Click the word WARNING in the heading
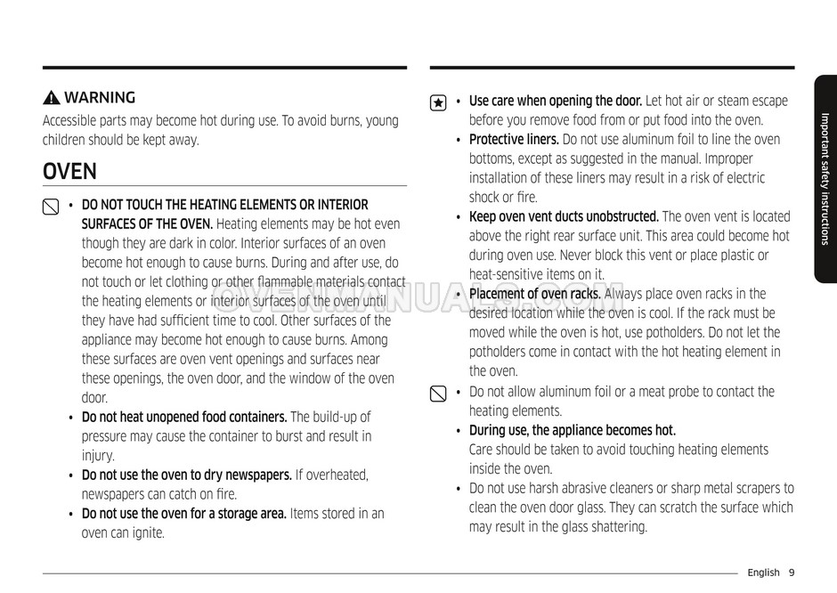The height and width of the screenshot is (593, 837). pyautogui.click(x=100, y=98)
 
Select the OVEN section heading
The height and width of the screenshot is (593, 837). pyautogui.click(x=69, y=171)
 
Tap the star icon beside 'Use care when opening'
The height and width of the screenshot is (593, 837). pyautogui.click(x=438, y=102)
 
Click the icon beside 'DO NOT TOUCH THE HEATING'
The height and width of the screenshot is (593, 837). pyautogui.click(x=51, y=207)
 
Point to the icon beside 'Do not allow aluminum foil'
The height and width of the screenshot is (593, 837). pyautogui.click(x=438, y=394)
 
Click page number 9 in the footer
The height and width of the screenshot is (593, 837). pyautogui.click(x=791, y=573)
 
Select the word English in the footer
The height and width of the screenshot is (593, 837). pyautogui.click(x=763, y=573)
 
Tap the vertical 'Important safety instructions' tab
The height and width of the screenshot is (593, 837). pyautogui.click(x=825, y=178)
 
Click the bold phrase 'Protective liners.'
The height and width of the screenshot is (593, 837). pyautogui.click(x=514, y=140)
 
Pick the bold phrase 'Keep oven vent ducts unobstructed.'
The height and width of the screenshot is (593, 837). pyautogui.click(x=564, y=217)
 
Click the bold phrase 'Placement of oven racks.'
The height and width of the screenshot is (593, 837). pyautogui.click(x=536, y=295)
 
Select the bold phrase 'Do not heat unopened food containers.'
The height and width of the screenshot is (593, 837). pyautogui.click(x=184, y=418)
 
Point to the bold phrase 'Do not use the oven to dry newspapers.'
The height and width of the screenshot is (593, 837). pyautogui.click(x=187, y=475)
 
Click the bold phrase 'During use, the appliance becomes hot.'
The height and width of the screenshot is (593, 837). pyautogui.click(x=572, y=431)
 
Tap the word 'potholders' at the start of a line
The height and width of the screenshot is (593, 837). pyautogui.click(x=500, y=353)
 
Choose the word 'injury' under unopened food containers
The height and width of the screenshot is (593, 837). pyautogui.click(x=98, y=456)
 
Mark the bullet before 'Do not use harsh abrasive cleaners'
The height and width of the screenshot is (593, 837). pyautogui.click(x=458, y=489)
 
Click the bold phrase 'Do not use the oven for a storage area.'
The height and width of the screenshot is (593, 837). pyautogui.click(x=184, y=514)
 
